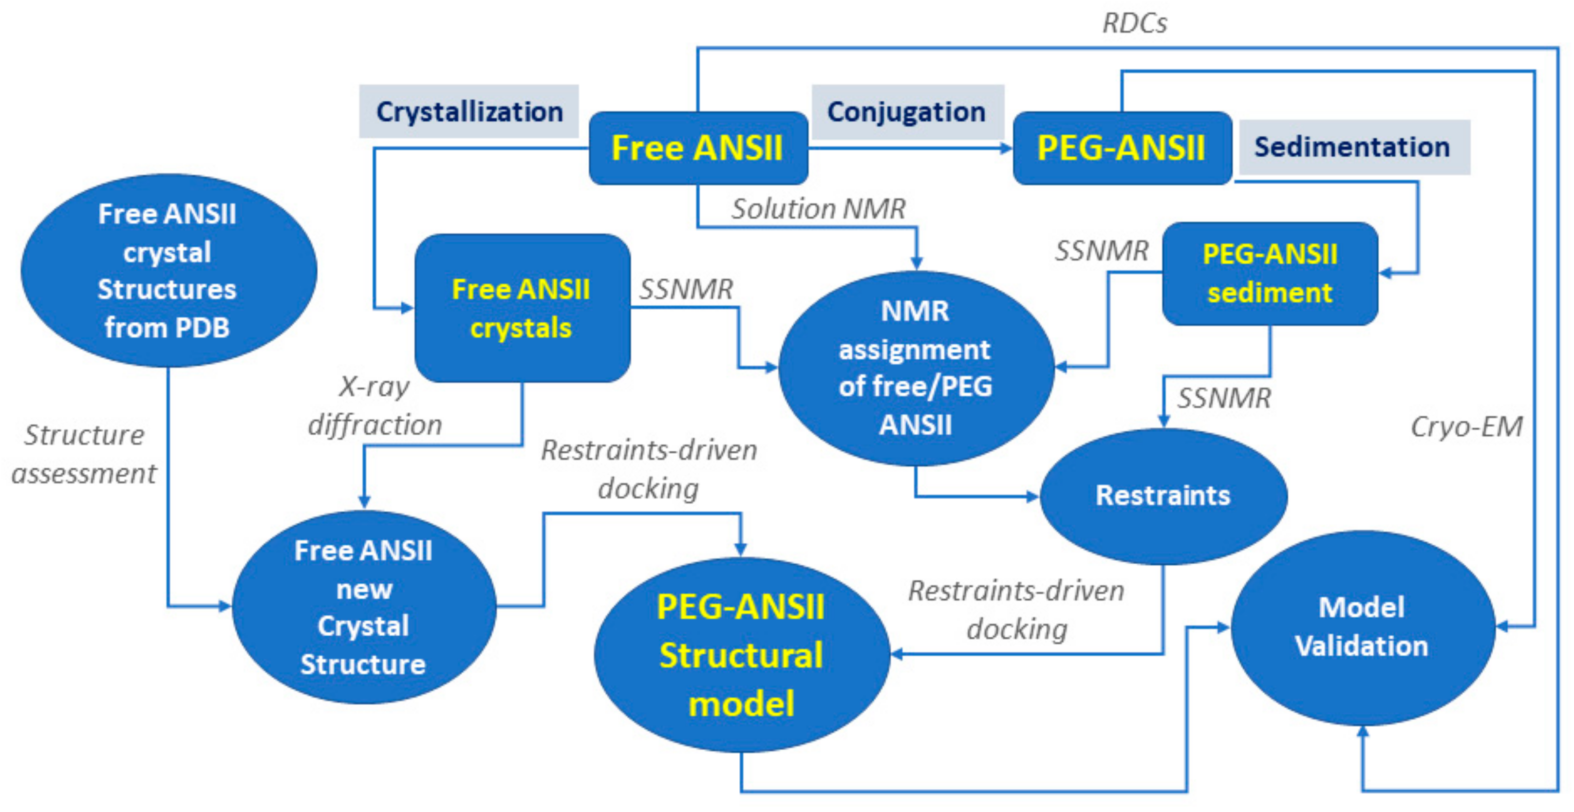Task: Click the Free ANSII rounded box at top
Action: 698,148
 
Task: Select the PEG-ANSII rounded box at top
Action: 1122,148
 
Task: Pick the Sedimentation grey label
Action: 1353,147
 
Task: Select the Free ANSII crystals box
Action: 522,308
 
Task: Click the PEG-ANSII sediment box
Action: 1270,274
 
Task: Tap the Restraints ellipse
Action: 1163,496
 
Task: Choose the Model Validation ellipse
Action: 1362,627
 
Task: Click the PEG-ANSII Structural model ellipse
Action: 741,655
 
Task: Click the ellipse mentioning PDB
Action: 168,271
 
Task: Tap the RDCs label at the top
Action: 1135,23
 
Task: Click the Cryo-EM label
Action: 1466,426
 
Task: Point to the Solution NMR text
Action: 819,209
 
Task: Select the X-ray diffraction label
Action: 375,406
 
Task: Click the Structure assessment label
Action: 84,454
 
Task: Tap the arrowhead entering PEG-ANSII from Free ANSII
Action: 1006,148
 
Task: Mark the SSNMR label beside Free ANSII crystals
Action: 686,289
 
